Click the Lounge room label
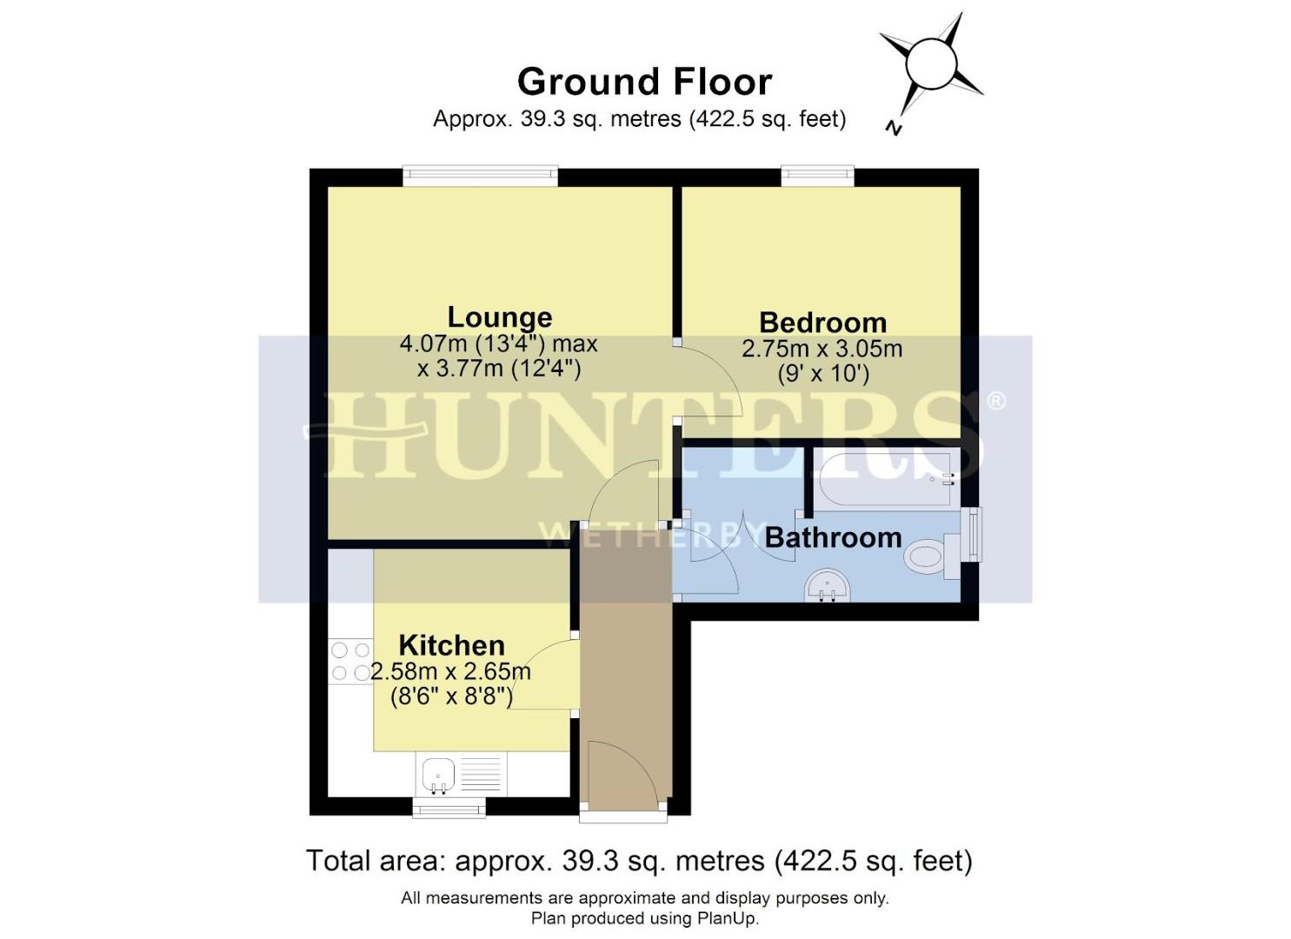[x=499, y=317]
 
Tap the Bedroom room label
[x=822, y=323]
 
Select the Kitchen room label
[x=451, y=645]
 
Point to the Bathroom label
[x=833, y=537]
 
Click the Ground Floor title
[x=644, y=82]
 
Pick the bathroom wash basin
[x=829, y=585]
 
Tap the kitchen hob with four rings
[x=350, y=661]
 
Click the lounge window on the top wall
[x=480, y=176]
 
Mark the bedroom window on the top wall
[x=817, y=176]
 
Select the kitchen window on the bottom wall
[x=449, y=808]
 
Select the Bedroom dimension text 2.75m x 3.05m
[x=822, y=350]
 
